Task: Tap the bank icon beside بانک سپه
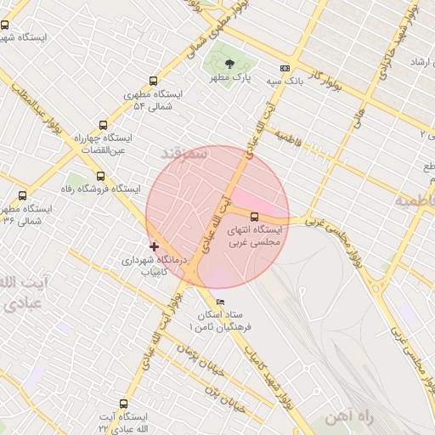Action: point(285,69)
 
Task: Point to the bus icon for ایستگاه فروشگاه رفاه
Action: point(100,176)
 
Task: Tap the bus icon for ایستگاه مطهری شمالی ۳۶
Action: point(22,195)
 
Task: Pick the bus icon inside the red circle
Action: point(254,216)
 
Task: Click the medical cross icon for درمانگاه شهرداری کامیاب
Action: point(154,246)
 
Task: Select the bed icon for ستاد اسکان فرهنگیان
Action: point(221,302)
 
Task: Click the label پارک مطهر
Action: point(232,77)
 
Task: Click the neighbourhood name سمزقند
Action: point(184,154)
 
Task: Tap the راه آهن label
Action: point(348,417)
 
